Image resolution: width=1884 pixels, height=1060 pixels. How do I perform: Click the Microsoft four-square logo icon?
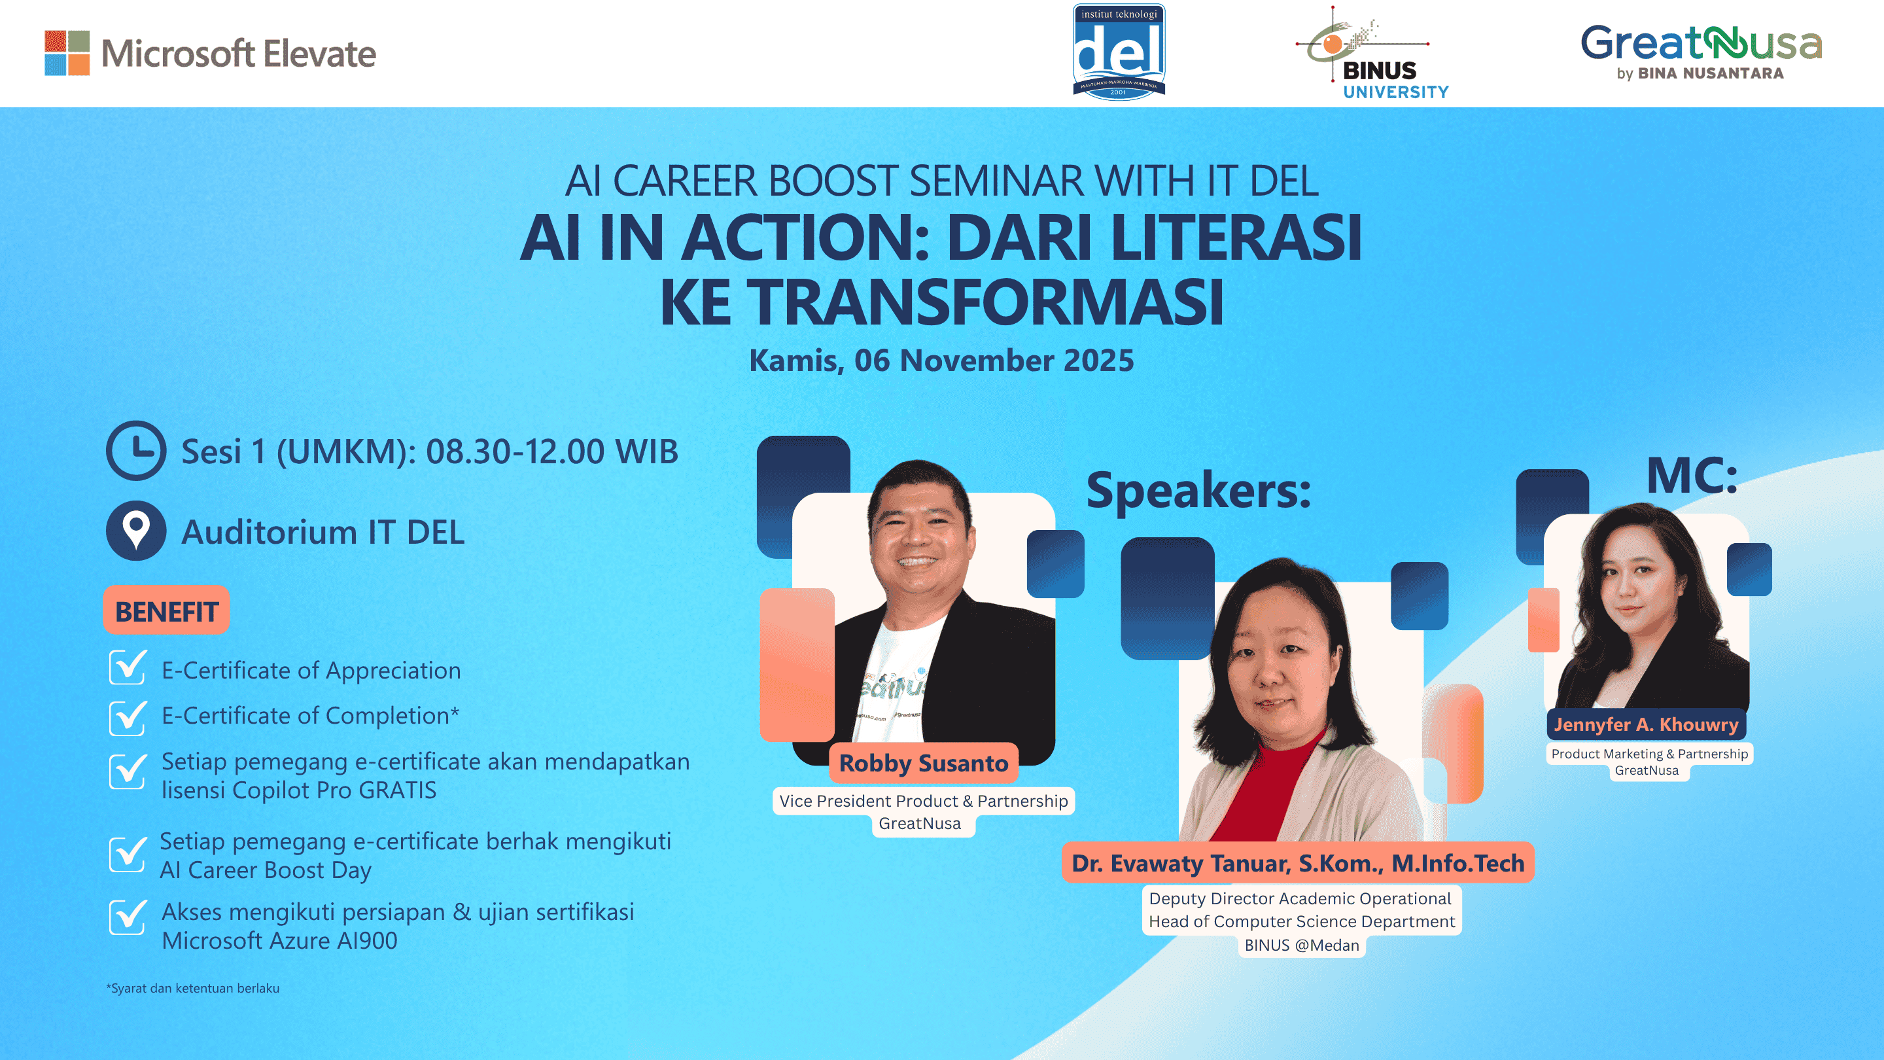(x=67, y=52)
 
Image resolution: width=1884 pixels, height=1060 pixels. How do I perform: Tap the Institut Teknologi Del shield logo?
(x=1118, y=51)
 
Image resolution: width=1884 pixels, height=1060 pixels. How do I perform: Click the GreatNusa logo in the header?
(x=1700, y=51)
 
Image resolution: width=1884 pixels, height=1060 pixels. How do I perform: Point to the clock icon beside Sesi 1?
(x=136, y=450)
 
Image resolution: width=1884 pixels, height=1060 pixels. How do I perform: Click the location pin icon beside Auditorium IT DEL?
(x=136, y=531)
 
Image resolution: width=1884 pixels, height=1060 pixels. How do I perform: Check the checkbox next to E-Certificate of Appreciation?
(x=128, y=667)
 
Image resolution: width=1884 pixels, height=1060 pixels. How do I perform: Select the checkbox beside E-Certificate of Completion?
(x=128, y=717)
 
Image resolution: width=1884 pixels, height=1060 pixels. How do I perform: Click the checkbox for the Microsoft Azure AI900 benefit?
(x=128, y=917)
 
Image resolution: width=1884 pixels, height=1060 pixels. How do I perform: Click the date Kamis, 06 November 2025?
(x=941, y=360)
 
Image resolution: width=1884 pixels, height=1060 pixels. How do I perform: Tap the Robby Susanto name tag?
(x=923, y=763)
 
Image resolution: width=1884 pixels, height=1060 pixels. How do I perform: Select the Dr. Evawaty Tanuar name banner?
(x=1297, y=863)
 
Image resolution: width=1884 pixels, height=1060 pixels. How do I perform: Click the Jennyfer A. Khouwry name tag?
(x=1646, y=724)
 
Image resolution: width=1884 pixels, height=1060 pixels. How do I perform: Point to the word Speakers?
(x=1198, y=490)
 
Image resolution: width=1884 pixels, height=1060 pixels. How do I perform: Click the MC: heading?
(x=1692, y=476)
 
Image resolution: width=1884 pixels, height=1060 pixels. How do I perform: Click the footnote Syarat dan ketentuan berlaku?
(x=193, y=987)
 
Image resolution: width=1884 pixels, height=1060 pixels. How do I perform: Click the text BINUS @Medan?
(x=1301, y=945)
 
